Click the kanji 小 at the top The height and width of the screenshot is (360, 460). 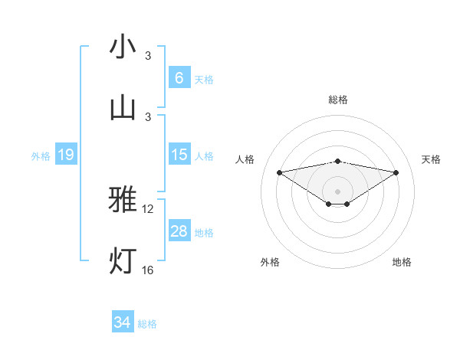123,47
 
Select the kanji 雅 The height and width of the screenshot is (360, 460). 123,200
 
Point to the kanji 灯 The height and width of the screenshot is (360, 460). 123,260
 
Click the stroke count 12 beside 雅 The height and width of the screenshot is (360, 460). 149,208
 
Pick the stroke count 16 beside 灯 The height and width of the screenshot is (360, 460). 149,270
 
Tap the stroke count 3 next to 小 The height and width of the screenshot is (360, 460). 148,55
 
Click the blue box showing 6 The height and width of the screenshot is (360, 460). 179,77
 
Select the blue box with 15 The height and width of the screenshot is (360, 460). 179,155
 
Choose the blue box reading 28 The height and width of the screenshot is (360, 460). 179,231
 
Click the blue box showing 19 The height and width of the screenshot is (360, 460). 65,155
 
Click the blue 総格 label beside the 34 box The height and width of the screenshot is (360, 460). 147,324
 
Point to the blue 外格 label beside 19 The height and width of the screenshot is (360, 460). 41,156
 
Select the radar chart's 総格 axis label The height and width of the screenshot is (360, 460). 338,100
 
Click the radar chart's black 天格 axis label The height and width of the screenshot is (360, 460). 432,159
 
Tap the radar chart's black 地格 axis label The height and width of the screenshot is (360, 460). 402,263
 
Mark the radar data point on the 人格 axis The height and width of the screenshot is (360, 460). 280,172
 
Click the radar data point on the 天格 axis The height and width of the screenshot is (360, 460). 396,172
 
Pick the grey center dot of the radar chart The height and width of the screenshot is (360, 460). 338,191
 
